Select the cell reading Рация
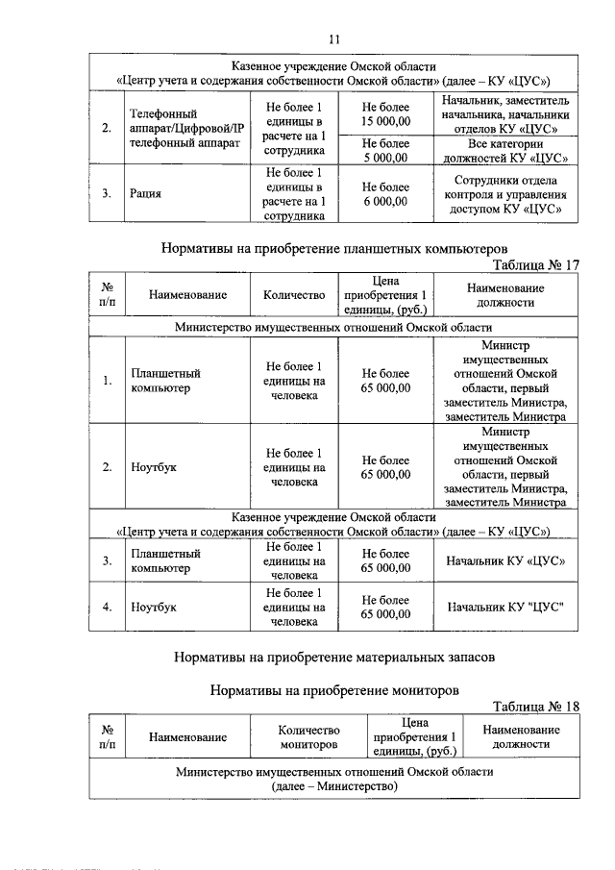(x=146, y=193)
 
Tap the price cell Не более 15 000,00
(x=385, y=114)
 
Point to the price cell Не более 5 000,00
(x=385, y=151)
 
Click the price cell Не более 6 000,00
(x=385, y=194)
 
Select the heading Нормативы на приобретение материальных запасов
(x=333, y=659)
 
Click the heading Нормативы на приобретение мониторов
(x=333, y=689)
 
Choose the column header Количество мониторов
(x=310, y=737)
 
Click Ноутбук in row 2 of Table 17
(x=154, y=468)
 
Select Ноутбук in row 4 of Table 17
(x=154, y=607)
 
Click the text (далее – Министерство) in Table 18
(x=333, y=787)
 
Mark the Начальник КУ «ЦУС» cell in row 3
(x=505, y=560)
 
